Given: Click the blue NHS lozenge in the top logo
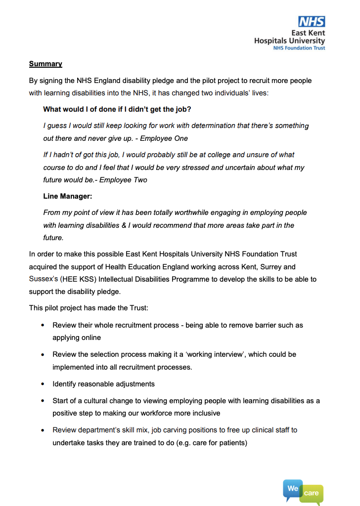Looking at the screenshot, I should [x=312, y=21].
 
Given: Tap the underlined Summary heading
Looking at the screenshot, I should [x=45, y=64].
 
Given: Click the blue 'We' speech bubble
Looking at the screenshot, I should [x=293, y=488].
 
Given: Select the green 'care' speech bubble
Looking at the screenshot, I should [x=312, y=493].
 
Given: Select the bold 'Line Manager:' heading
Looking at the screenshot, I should [x=68, y=196].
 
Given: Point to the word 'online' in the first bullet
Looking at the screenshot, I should [x=90, y=337].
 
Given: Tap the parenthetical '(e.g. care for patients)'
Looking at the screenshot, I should [x=208, y=442].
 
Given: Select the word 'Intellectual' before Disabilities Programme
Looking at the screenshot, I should [x=107, y=279].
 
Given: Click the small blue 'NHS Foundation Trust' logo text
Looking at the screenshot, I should [x=299, y=48].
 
